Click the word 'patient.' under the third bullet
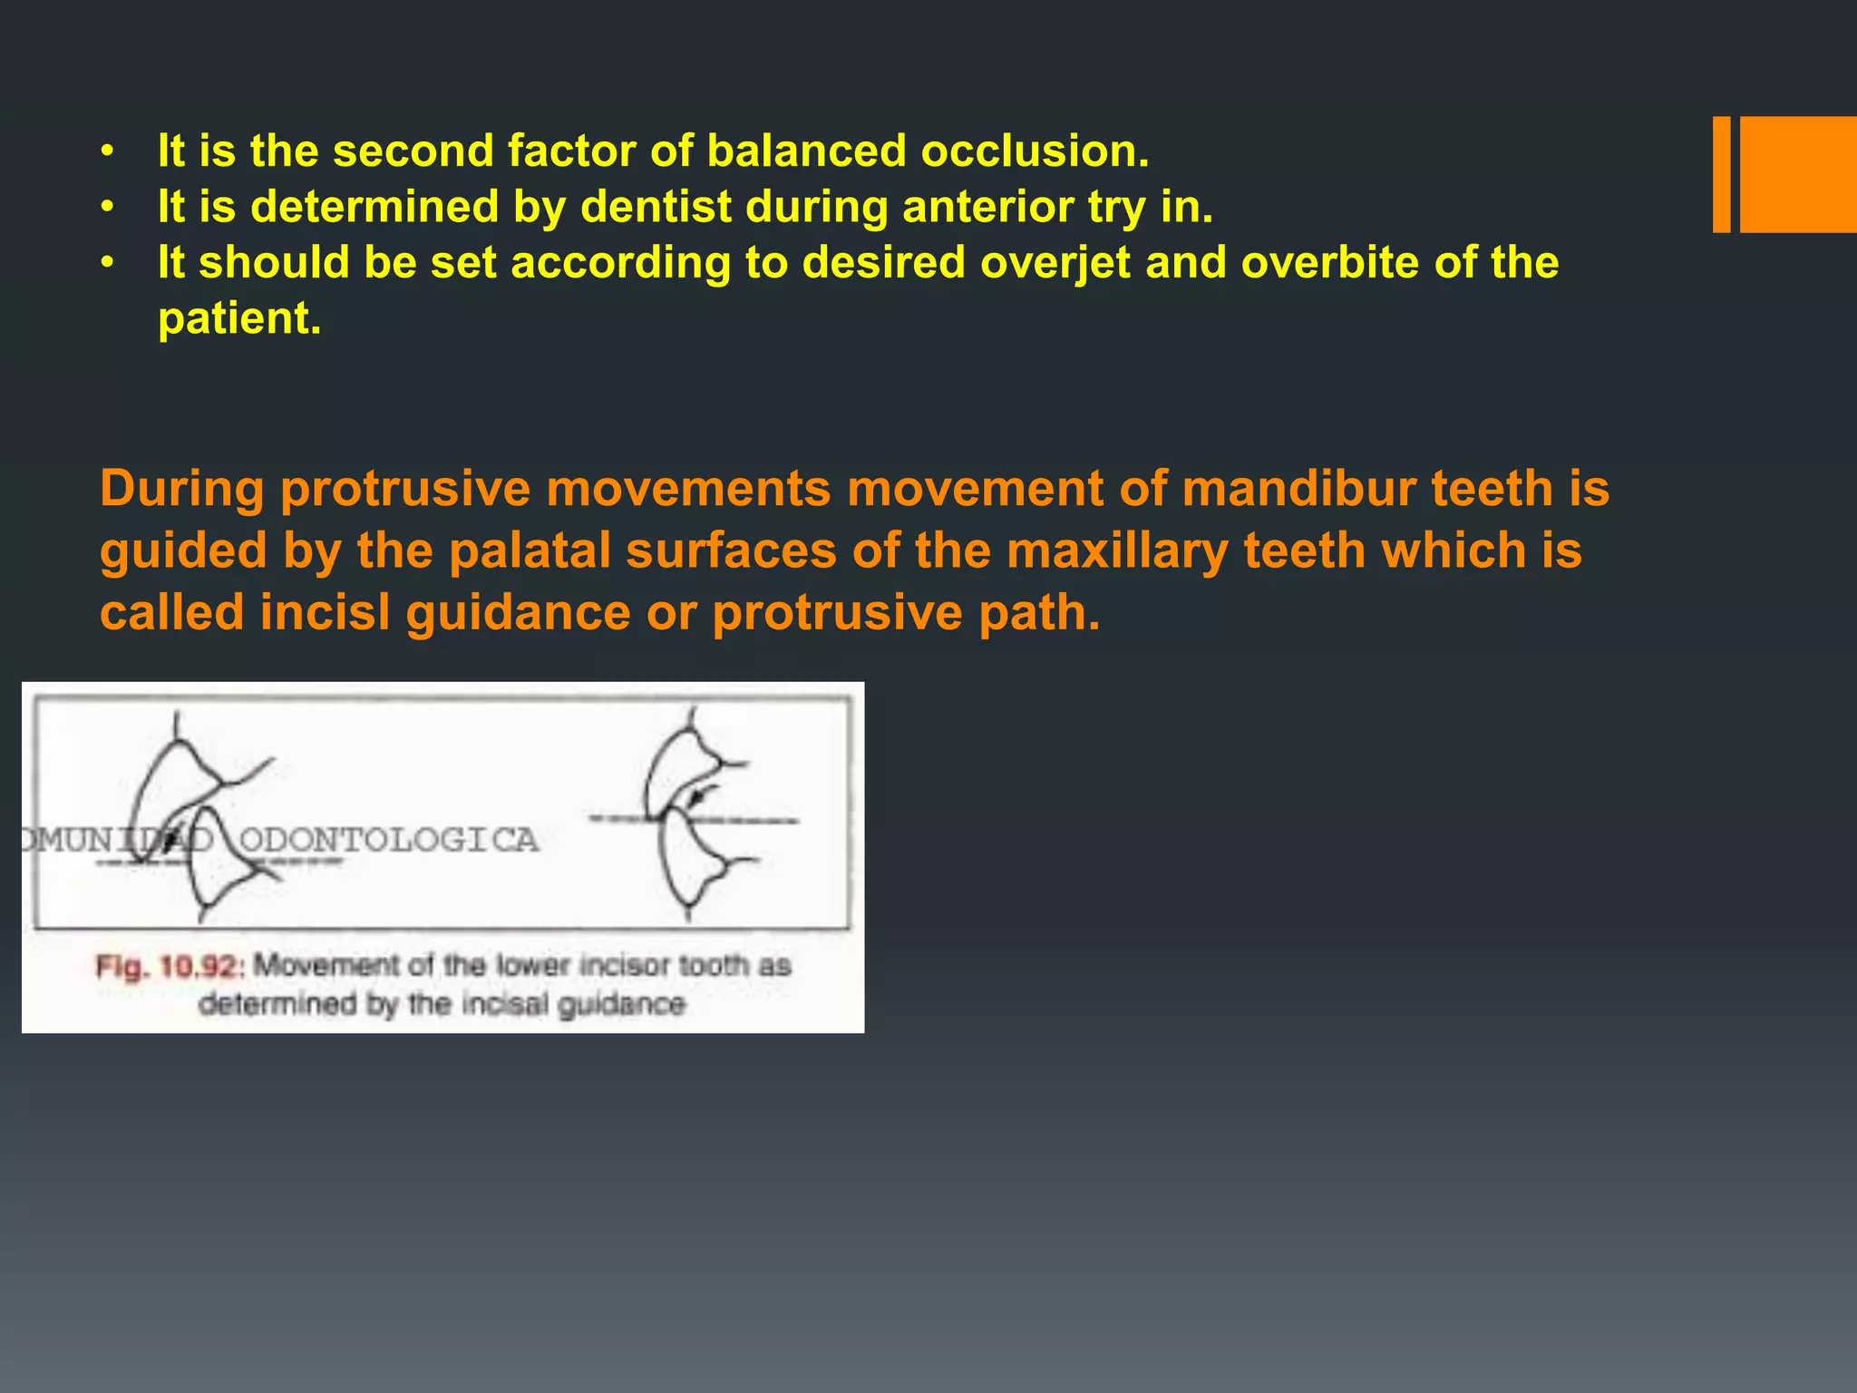tap(239, 319)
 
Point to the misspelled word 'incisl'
tap(325, 613)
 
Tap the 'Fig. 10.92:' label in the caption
tap(170, 967)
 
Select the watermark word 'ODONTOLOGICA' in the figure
tap(388, 840)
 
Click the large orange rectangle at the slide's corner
tap(1798, 174)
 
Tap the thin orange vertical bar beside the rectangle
tap(1721, 174)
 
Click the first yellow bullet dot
tap(108, 151)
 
